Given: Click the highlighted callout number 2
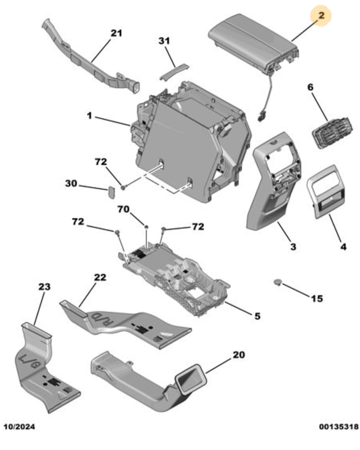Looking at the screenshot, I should [321, 15].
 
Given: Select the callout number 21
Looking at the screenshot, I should [116, 33].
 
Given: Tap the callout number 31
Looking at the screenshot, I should [164, 41].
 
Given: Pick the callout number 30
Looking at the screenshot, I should [71, 183].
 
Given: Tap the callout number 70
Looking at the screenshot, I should [123, 209].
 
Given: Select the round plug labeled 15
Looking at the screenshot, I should [278, 282].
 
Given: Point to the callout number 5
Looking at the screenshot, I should [257, 316].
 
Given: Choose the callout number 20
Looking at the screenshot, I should [239, 355].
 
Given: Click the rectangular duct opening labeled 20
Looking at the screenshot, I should [191, 379].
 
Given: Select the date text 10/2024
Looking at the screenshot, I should [19, 427].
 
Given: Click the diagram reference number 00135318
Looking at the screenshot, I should [338, 427].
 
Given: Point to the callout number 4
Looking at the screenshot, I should [343, 247].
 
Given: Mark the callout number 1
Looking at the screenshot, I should [89, 115].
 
